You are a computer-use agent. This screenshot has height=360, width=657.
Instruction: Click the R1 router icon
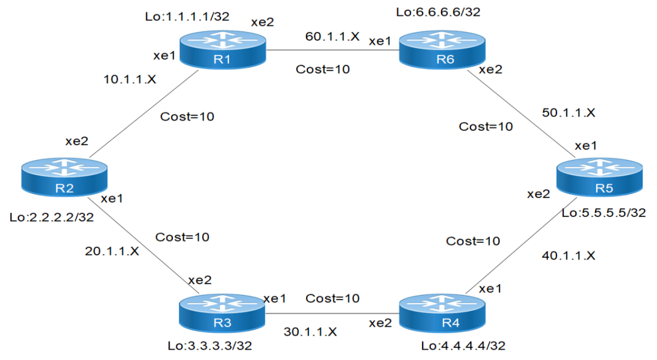point(223,50)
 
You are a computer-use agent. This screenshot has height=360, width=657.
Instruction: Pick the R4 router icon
point(441,313)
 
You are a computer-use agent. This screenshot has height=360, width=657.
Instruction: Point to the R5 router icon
point(600,179)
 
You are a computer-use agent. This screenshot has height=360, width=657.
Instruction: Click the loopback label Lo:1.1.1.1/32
point(187,17)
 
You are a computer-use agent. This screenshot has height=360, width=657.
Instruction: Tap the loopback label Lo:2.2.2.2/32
point(52,218)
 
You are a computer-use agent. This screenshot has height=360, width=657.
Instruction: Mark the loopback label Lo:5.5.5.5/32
point(604,212)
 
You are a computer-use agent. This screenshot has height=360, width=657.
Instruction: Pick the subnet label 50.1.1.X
point(569,113)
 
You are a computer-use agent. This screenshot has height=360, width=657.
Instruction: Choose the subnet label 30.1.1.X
point(310,332)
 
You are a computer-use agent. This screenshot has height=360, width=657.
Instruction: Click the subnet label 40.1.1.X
point(568,256)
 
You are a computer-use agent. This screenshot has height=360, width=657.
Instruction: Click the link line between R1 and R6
point(333,50)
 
